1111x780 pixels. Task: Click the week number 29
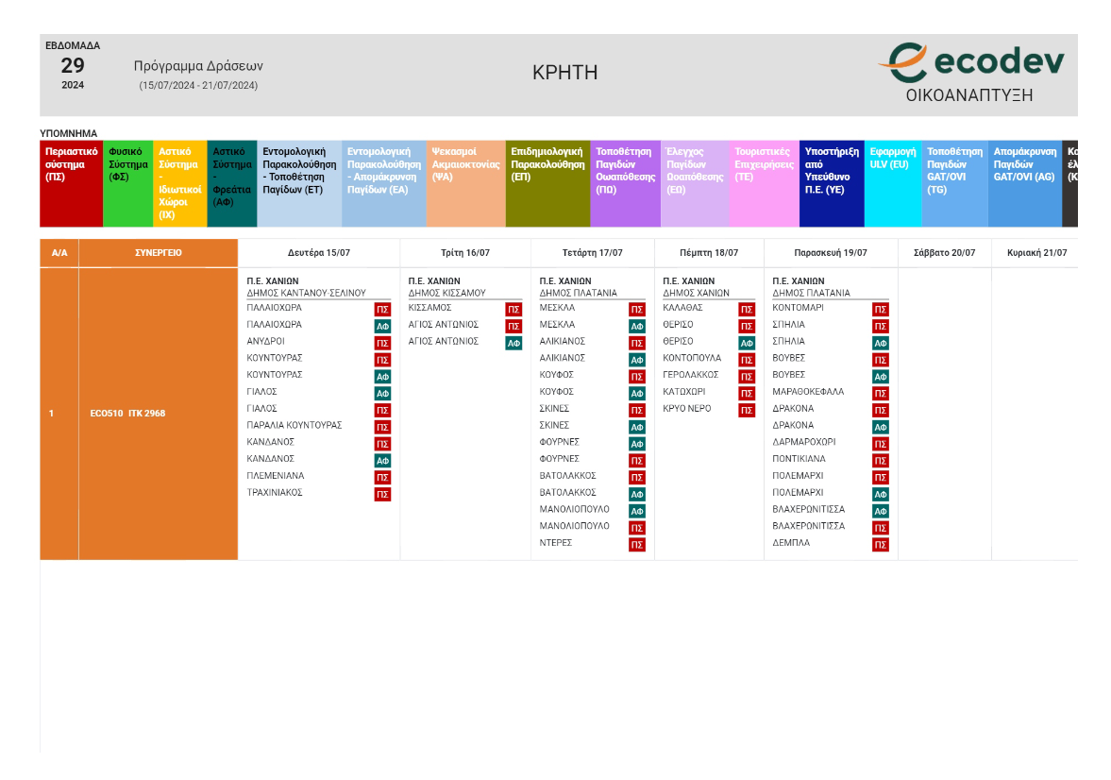tap(73, 65)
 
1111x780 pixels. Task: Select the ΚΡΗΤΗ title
tap(564, 73)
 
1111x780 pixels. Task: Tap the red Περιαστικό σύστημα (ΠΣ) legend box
tap(71, 184)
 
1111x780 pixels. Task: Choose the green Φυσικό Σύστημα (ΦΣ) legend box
tap(127, 184)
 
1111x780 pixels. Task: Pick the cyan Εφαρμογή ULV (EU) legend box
tap(893, 184)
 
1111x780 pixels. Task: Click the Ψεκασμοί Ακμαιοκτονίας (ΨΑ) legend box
tap(465, 184)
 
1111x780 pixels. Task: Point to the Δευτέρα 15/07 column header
tap(318, 253)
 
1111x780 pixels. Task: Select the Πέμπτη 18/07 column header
tap(709, 253)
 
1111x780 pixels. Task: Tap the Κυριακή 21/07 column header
tap(1036, 253)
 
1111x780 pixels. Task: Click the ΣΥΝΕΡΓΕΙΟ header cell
tap(158, 253)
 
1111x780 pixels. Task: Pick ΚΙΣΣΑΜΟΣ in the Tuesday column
tap(429, 308)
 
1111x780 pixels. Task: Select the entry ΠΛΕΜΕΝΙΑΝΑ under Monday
tap(276, 476)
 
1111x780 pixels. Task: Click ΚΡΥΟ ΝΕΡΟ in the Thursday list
tap(687, 409)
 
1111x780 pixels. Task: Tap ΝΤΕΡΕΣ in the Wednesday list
tap(556, 543)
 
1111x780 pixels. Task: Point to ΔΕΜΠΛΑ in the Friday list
tap(791, 543)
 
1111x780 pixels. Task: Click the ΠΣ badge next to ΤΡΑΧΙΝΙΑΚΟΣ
tap(382, 494)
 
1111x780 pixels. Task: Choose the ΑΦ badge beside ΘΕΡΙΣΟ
tap(747, 343)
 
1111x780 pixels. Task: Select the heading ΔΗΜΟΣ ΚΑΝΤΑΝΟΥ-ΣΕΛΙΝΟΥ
tap(306, 294)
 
